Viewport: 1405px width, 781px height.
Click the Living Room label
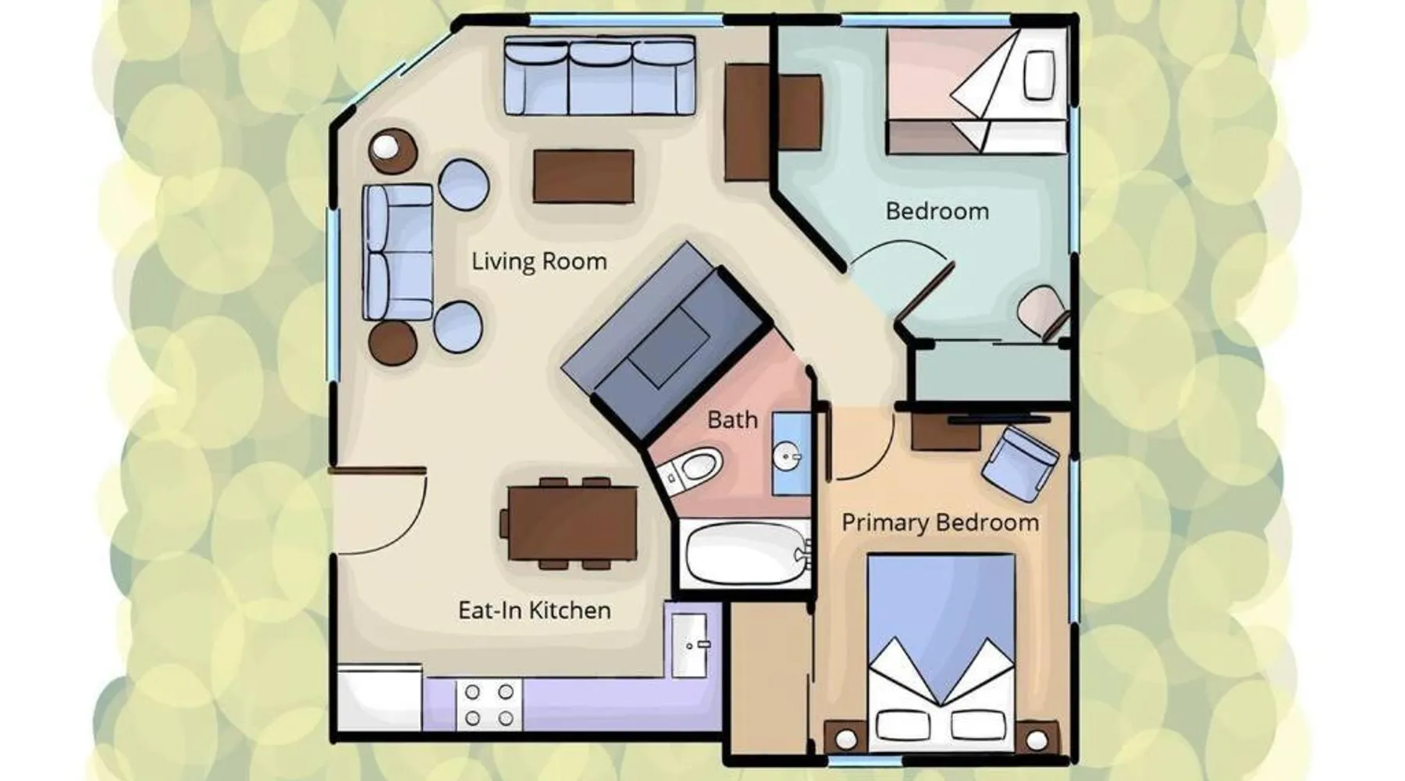(539, 261)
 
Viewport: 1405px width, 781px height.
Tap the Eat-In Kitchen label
(535, 610)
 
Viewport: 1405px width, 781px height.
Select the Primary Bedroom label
(941, 522)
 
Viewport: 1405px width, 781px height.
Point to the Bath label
(732, 419)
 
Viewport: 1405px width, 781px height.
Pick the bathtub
(745, 553)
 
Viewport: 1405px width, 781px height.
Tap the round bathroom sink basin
(787, 455)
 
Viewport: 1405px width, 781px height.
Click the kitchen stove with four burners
(489, 704)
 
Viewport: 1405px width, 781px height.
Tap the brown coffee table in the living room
(583, 177)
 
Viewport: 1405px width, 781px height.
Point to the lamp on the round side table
(384, 146)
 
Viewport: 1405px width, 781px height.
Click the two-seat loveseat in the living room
(398, 251)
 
